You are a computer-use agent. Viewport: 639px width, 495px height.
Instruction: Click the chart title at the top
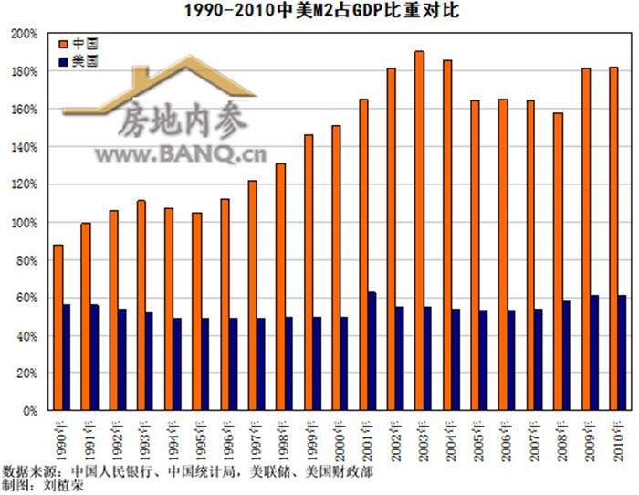point(319,11)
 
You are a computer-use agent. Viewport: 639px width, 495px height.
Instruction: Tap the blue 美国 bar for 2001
point(372,352)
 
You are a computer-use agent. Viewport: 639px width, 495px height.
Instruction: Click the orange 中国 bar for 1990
point(58,328)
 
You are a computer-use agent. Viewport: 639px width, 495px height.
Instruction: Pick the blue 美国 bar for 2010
point(622,353)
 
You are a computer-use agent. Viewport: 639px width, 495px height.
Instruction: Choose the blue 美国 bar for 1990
point(67,357)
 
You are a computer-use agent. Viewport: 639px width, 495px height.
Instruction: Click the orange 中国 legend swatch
point(62,44)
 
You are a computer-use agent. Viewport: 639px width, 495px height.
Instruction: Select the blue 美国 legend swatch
point(62,61)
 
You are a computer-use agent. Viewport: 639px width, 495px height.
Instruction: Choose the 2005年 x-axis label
point(477,437)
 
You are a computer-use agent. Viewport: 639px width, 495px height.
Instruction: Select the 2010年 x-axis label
point(616,437)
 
